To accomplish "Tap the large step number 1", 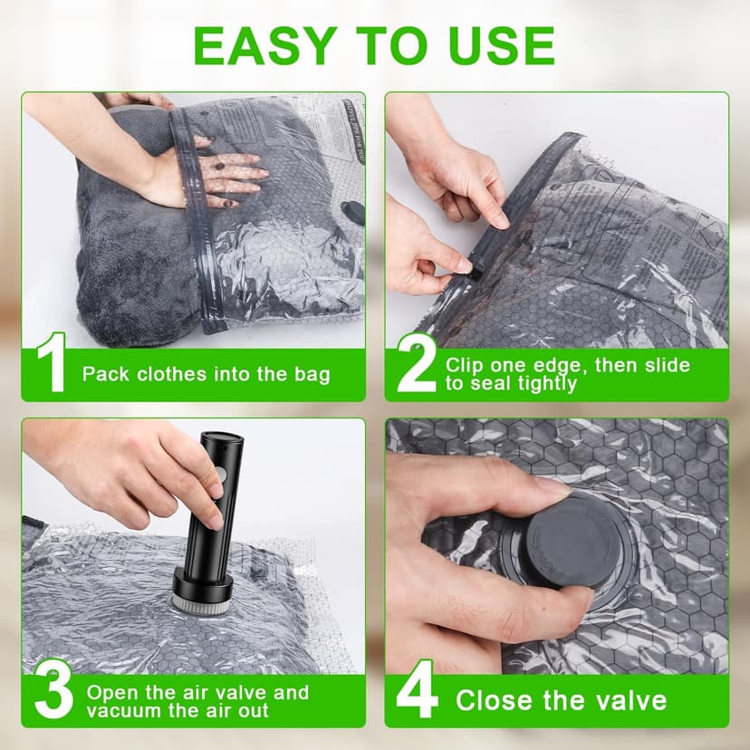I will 53,364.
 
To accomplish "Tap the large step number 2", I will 416,364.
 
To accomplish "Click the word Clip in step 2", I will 465,365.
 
